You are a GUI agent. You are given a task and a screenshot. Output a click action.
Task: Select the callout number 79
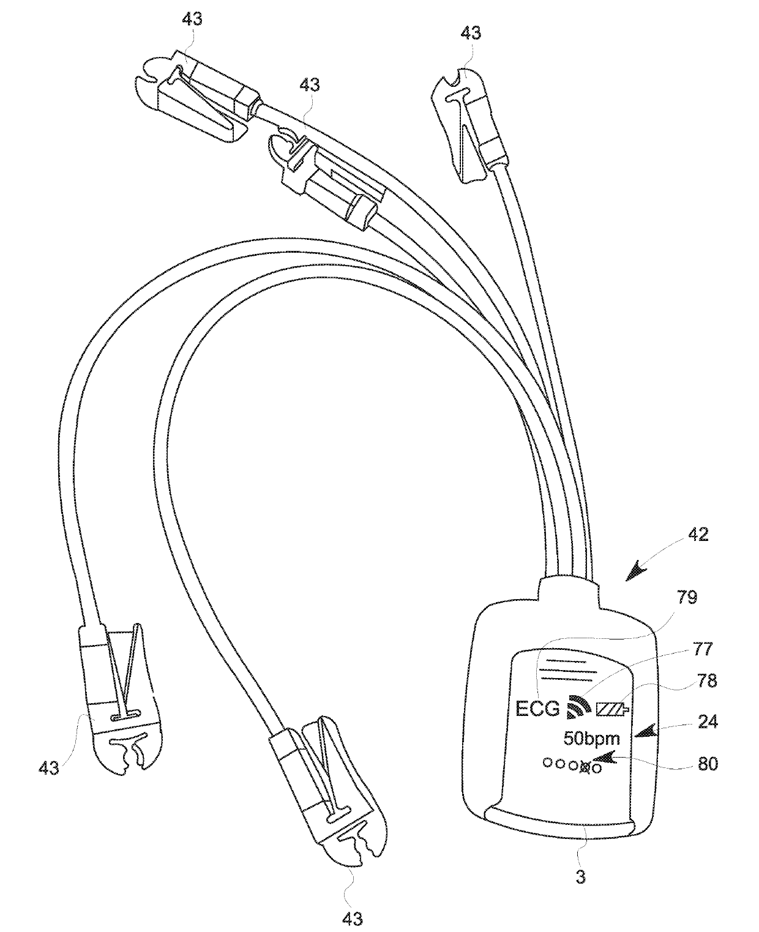[x=687, y=597]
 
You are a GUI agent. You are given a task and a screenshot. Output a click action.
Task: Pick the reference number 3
[x=581, y=877]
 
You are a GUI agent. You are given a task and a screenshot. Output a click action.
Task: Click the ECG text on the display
[x=538, y=709]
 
